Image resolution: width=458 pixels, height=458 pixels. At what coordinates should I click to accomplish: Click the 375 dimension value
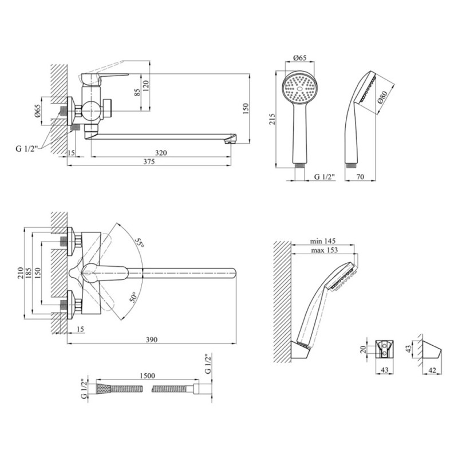point(149,161)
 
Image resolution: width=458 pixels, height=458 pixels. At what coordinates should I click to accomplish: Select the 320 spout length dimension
point(161,153)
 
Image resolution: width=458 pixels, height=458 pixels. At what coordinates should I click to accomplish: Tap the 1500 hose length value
point(147,376)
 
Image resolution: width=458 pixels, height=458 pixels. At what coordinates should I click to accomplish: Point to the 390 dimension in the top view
point(152,339)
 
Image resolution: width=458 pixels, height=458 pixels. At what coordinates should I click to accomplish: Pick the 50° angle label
point(133,297)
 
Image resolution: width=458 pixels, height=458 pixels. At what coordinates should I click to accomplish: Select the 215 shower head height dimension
point(272,119)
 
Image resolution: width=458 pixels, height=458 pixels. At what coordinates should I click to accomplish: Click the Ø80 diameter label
point(382,97)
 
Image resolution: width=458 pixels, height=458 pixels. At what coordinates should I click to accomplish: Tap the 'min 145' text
point(323,241)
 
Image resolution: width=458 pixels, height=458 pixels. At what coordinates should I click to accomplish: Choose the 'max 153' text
point(324,250)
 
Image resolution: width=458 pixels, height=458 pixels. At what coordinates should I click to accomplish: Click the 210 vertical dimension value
point(21,273)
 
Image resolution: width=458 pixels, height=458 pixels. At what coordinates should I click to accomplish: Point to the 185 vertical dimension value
point(28,273)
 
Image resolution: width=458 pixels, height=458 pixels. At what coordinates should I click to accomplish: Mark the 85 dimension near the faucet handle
point(137,92)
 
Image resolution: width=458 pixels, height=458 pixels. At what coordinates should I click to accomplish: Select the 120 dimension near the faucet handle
point(146,86)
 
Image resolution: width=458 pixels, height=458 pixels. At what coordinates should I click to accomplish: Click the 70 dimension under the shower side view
point(360,176)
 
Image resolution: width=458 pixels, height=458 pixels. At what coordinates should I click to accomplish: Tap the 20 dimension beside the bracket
point(363,349)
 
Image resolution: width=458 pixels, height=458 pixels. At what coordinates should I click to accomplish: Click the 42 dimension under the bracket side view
point(433,370)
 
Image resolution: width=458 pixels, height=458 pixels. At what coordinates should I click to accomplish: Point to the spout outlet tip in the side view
point(231,141)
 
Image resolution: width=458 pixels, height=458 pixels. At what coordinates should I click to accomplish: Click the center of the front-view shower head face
point(299,89)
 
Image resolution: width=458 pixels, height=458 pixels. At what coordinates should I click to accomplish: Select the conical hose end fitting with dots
point(103,389)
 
